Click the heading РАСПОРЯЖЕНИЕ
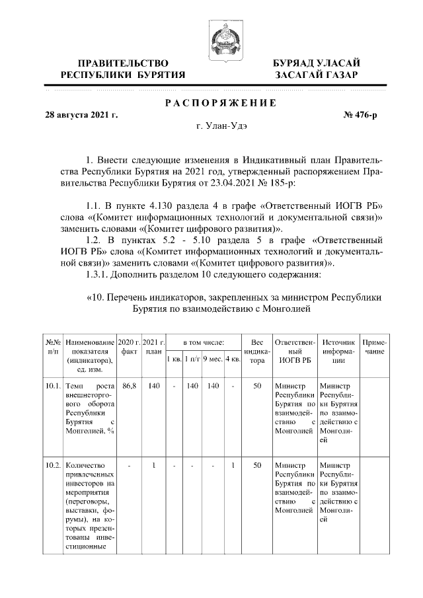pyautogui.click(x=221, y=102)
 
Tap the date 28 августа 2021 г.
pyautogui.click(x=81, y=115)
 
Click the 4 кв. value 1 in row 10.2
pyautogui.click(x=233, y=466)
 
